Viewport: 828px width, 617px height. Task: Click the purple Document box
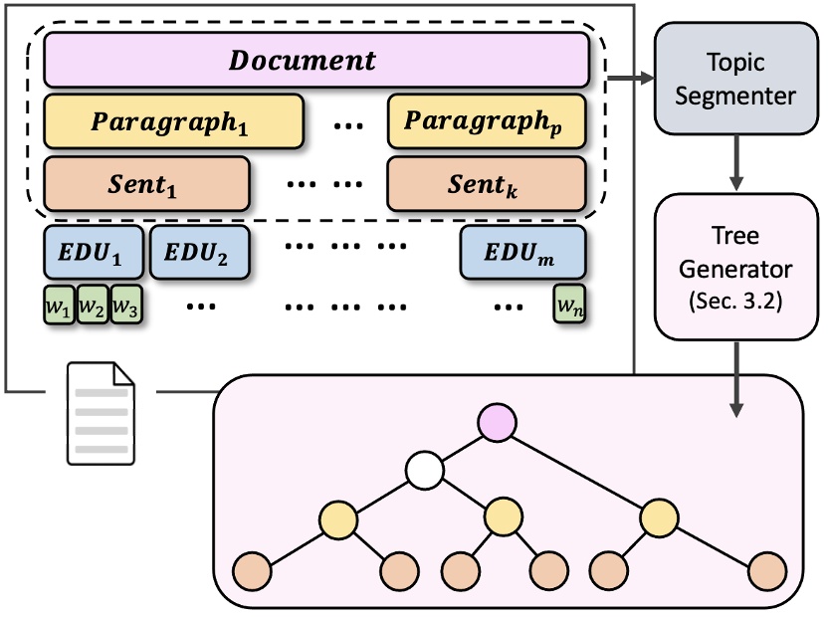point(316,60)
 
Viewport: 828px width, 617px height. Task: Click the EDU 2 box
point(199,253)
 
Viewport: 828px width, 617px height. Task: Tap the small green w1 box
point(59,306)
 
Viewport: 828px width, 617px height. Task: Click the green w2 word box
point(93,306)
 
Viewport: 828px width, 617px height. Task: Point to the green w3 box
point(125,306)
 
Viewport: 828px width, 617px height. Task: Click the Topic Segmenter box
point(737,80)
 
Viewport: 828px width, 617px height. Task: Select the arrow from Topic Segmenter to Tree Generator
point(737,165)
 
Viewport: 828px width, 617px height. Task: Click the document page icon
point(101,414)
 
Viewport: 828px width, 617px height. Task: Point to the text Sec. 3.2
point(737,301)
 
